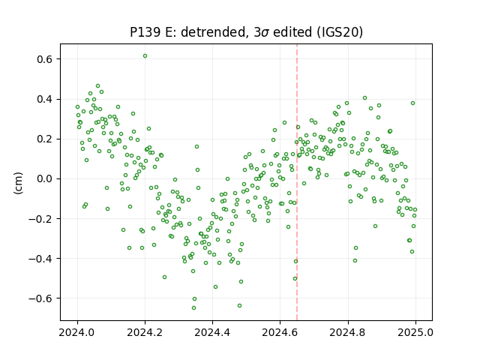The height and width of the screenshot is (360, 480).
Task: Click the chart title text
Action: (x=246, y=32)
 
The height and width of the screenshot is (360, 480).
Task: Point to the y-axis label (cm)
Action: (x=18, y=183)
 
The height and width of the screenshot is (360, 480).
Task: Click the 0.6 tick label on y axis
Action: (x=45, y=59)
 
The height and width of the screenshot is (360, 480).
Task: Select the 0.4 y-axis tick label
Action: (x=45, y=99)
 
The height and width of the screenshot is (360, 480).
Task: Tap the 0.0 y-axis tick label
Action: (x=45, y=178)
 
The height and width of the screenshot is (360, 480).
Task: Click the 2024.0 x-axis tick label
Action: (x=77, y=332)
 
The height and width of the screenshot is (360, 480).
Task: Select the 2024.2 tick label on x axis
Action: (x=145, y=332)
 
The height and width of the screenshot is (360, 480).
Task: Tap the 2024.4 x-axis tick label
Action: (x=212, y=332)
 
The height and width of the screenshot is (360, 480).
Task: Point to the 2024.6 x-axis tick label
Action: (x=280, y=332)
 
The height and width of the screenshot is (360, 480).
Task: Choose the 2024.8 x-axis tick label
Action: (x=348, y=332)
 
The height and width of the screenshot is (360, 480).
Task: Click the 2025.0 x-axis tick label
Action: (x=415, y=332)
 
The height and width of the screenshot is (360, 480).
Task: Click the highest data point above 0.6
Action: (x=145, y=55)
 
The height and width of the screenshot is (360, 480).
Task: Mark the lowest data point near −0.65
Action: (x=193, y=307)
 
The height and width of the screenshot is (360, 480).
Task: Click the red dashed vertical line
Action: (x=297, y=182)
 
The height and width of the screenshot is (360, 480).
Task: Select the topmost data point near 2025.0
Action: (x=412, y=103)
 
